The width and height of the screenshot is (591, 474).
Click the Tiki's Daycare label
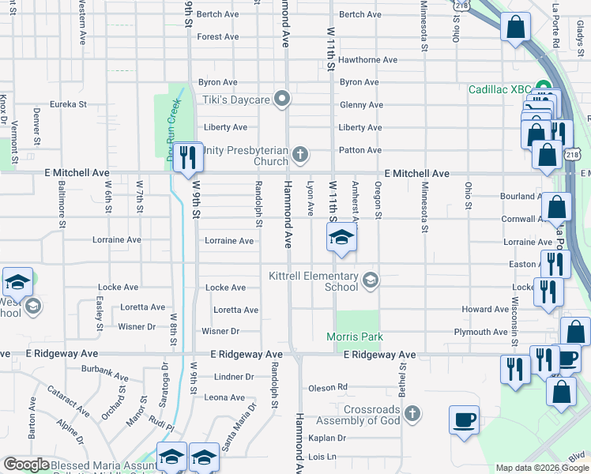[239, 100]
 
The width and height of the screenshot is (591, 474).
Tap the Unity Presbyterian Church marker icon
[299, 153]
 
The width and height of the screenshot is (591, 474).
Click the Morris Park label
[355, 337]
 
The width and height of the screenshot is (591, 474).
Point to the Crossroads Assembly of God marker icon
[412, 413]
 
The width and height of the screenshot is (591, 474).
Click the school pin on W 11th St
[341, 239]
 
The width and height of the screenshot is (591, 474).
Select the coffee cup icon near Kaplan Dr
[464, 419]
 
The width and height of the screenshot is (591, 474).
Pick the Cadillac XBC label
[500, 88]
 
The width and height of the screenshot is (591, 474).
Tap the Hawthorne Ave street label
[367, 59]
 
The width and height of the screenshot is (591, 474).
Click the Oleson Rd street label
[328, 387]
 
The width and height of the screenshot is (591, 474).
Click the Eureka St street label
[68, 104]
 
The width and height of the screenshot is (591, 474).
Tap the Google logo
[27, 465]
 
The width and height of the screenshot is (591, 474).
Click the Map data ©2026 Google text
[541, 468]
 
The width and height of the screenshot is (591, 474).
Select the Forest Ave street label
[218, 37]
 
